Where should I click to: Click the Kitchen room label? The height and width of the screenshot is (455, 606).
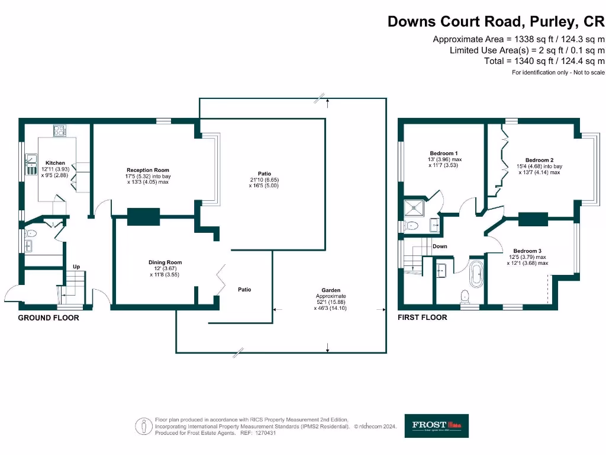[x=56, y=163]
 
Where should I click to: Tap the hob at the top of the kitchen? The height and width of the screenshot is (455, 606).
[x=60, y=131]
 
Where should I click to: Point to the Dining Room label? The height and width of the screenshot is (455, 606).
[x=165, y=262]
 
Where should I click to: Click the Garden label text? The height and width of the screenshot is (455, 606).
[x=329, y=290]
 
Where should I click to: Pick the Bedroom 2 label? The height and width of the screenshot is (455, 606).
[x=539, y=160]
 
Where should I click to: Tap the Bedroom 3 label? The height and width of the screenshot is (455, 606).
[x=527, y=251]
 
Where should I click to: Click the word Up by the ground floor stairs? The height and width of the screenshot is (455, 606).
[x=76, y=267]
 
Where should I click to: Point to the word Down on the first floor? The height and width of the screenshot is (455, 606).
[x=440, y=246]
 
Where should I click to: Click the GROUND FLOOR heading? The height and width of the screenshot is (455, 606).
[x=49, y=318]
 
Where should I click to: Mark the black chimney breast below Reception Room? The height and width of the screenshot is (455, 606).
[x=143, y=216]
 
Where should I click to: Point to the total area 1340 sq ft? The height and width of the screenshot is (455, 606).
[x=544, y=61]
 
